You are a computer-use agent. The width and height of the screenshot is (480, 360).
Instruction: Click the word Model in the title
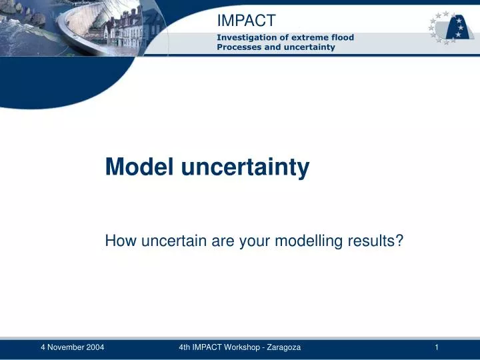(x=138, y=167)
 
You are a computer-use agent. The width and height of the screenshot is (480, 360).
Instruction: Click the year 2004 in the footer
(x=94, y=347)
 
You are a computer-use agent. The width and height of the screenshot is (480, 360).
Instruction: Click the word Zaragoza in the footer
(x=284, y=347)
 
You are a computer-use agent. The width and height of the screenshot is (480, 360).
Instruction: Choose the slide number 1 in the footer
(x=436, y=347)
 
